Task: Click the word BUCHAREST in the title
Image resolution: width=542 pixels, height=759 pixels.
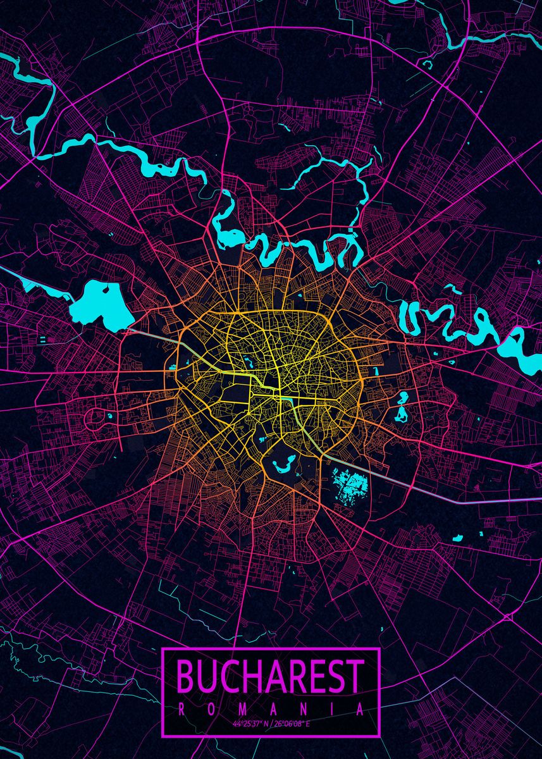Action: coord(271,677)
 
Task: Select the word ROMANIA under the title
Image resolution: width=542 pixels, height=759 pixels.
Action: coord(271,710)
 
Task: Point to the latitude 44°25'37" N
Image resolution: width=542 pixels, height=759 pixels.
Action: coord(249,723)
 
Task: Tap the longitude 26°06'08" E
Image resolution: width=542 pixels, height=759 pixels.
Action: coord(292,723)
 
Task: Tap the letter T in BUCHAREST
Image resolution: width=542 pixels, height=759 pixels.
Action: coord(355,677)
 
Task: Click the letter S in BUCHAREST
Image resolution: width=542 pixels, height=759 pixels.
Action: coord(336,677)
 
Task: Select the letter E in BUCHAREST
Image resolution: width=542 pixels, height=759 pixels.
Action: coord(316,677)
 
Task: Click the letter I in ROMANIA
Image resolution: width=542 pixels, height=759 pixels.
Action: coord(331,710)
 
